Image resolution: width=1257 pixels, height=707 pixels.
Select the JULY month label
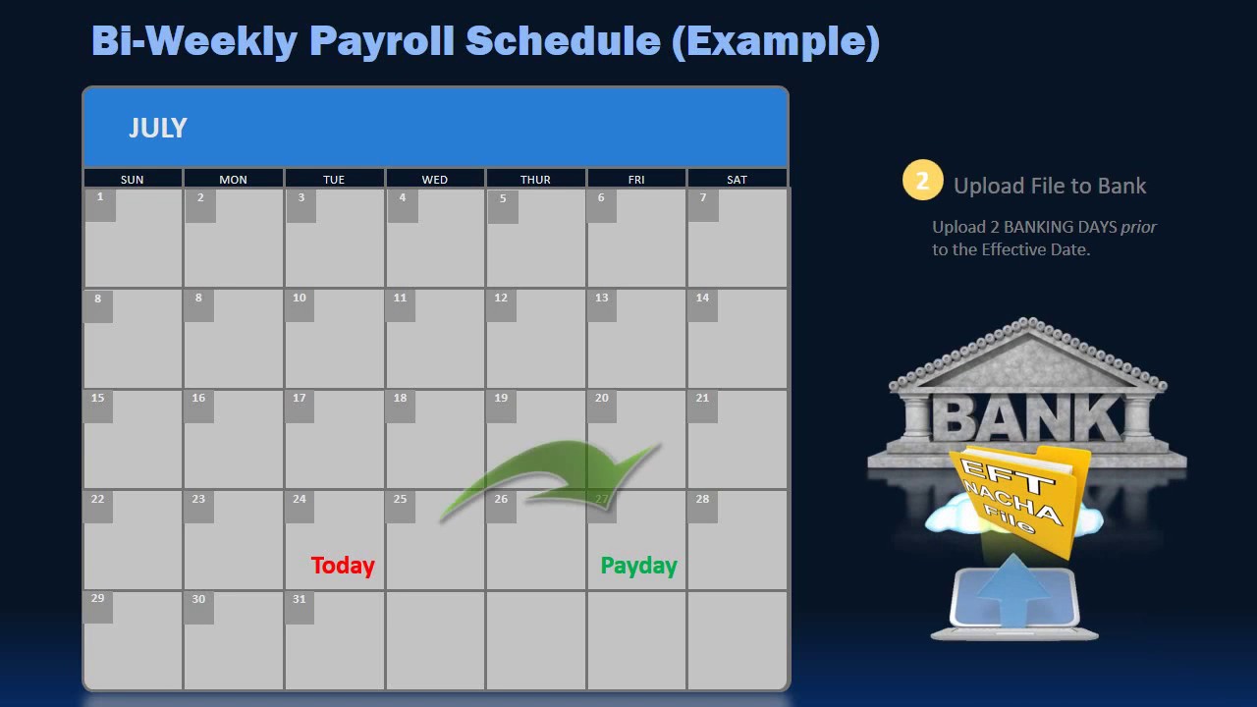click(157, 128)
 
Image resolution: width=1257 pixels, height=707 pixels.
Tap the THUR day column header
click(535, 180)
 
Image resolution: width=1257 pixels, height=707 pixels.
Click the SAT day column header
click(737, 180)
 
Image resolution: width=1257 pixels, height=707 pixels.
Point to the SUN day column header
click(132, 180)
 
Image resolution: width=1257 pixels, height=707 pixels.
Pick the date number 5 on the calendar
click(503, 199)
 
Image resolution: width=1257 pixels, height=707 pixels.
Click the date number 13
click(601, 298)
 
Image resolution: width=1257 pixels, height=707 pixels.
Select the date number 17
click(300, 398)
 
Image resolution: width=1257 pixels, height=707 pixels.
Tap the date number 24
click(300, 499)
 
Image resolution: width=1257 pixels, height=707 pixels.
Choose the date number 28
click(702, 499)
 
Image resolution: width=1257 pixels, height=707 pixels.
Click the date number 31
click(300, 599)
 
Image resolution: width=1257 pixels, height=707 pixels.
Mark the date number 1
click(99, 197)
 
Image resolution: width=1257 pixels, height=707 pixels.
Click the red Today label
click(343, 566)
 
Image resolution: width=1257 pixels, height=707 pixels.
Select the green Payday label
click(638, 566)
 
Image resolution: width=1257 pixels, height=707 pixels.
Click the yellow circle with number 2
click(922, 181)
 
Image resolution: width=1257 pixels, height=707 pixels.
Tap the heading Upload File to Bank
click(1050, 186)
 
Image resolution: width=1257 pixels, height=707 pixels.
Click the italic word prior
click(1138, 227)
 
